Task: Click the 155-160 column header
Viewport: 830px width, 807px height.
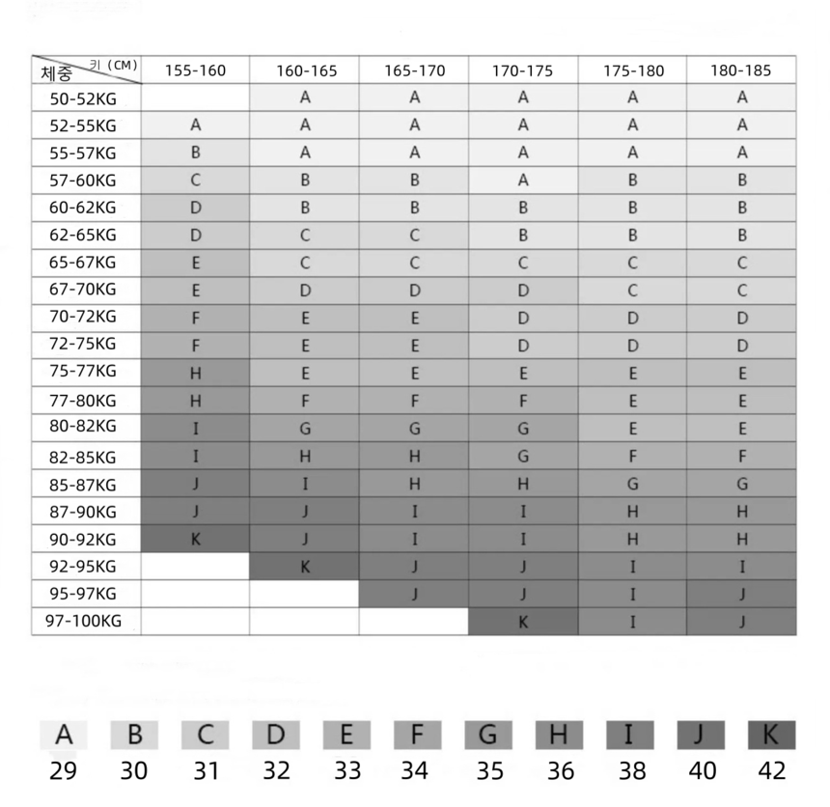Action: pos(195,70)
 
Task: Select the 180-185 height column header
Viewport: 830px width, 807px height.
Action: pos(741,70)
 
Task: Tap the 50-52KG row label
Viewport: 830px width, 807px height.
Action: pos(87,97)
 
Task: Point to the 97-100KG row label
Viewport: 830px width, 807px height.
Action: pos(87,623)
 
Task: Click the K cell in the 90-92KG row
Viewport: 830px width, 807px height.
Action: pos(195,540)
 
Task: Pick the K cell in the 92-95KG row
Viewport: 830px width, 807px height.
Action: pos(305,567)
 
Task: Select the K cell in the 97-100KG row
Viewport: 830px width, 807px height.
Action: pos(523,623)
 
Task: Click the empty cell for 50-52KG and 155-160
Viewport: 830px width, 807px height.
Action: pos(195,97)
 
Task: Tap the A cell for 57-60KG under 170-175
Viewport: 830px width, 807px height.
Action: pos(523,180)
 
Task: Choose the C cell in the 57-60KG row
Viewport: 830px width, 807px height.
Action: pos(195,180)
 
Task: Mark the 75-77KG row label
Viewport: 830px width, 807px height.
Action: pos(87,372)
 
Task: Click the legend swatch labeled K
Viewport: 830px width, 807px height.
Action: pos(771,737)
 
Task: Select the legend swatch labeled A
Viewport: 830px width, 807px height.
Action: pos(64,737)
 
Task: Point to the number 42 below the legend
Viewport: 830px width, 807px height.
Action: pos(771,771)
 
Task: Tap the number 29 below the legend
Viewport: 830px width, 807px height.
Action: pos(64,771)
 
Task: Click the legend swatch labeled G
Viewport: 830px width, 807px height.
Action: pos(488,737)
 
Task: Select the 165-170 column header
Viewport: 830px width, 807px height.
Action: pos(414,70)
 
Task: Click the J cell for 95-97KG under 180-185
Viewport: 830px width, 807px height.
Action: pos(741,595)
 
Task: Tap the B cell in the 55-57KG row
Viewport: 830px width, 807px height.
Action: pos(195,153)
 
